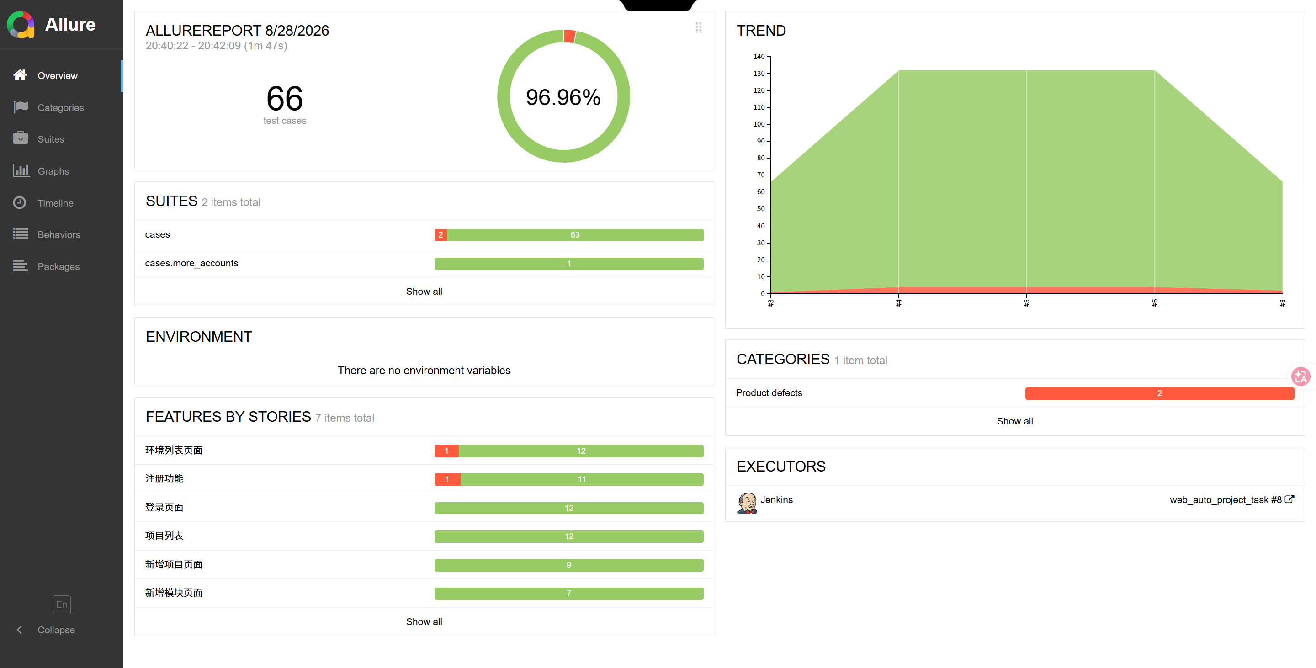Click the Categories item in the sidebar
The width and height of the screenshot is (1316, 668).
(x=60, y=108)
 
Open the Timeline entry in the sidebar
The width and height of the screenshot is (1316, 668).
(x=55, y=203)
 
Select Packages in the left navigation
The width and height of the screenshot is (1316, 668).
(x=58, y=266)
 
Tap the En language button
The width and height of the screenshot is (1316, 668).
(x=61, y=604)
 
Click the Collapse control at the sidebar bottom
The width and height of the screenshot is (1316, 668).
(x=56, y=630)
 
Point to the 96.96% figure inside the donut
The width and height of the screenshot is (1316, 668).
(x=563, y=97)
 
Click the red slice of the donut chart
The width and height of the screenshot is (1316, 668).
(x=570, y=36)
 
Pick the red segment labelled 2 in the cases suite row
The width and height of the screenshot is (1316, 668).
(x=440, y=235)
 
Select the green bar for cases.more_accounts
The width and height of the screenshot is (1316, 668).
(x=568, y=264)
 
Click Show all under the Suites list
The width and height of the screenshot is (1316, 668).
(x=424, y=292)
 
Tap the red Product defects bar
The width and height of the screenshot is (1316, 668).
(x=1159, y=393)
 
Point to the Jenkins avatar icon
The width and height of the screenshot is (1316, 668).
(x=746, y=503)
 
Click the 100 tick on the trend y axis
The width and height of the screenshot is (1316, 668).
(x=759, y=124)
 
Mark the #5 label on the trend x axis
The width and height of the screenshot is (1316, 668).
(x=1026, y=303)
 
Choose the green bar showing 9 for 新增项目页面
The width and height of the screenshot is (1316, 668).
(x=568, y=565)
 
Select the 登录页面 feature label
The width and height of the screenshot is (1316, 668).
(x=164, y=508)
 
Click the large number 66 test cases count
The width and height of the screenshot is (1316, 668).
(x=285, y=98)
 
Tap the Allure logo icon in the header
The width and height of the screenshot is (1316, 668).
(x=21, y=25)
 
